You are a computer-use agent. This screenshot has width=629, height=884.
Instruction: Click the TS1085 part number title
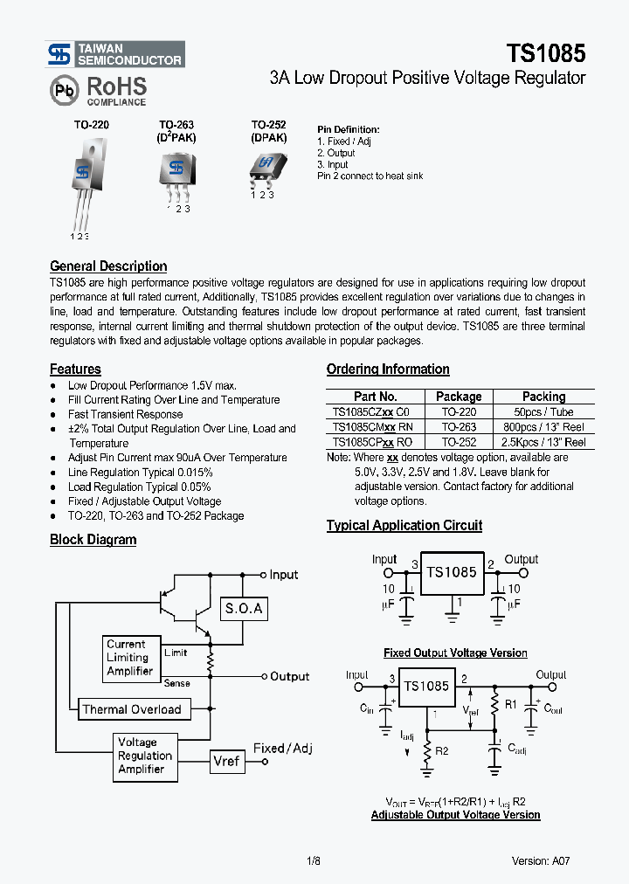pyautogui.click(x=544, y=53)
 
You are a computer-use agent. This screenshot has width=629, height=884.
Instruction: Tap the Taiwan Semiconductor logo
pyautogui.click(x=115, y=54)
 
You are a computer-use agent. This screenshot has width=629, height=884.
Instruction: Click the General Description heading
pyautogui.click(x=108, y=266)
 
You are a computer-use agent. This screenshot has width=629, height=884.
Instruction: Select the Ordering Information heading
pyautogui.click(x=388, y=369)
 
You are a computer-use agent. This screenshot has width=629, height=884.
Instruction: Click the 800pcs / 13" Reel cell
pyautogui.click(x=543, y=427)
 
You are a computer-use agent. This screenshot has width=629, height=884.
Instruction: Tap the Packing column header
pyautogui.click(x=543, y=397)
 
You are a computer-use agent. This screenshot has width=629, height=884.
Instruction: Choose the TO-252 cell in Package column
pyautogui.click(x=459, y=442)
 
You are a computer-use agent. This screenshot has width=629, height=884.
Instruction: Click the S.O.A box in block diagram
pyautogui.click(x=244, y=609)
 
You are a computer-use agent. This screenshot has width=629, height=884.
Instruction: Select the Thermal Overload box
pyautogui.click(x=131, y=709)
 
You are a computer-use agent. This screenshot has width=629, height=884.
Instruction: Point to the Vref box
pyautogui.click(x=226, y=761)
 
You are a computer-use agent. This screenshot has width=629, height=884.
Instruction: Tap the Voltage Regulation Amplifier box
pyautogui.click(x=145, y=756)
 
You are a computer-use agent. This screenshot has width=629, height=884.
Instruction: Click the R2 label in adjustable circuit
pyautogui.click(x=441, y=750)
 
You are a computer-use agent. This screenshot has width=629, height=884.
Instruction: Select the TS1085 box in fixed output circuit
pyautogui.click(x=452, y=573)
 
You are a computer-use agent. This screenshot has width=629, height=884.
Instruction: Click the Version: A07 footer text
pyautogui.click(x=541, y=860)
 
